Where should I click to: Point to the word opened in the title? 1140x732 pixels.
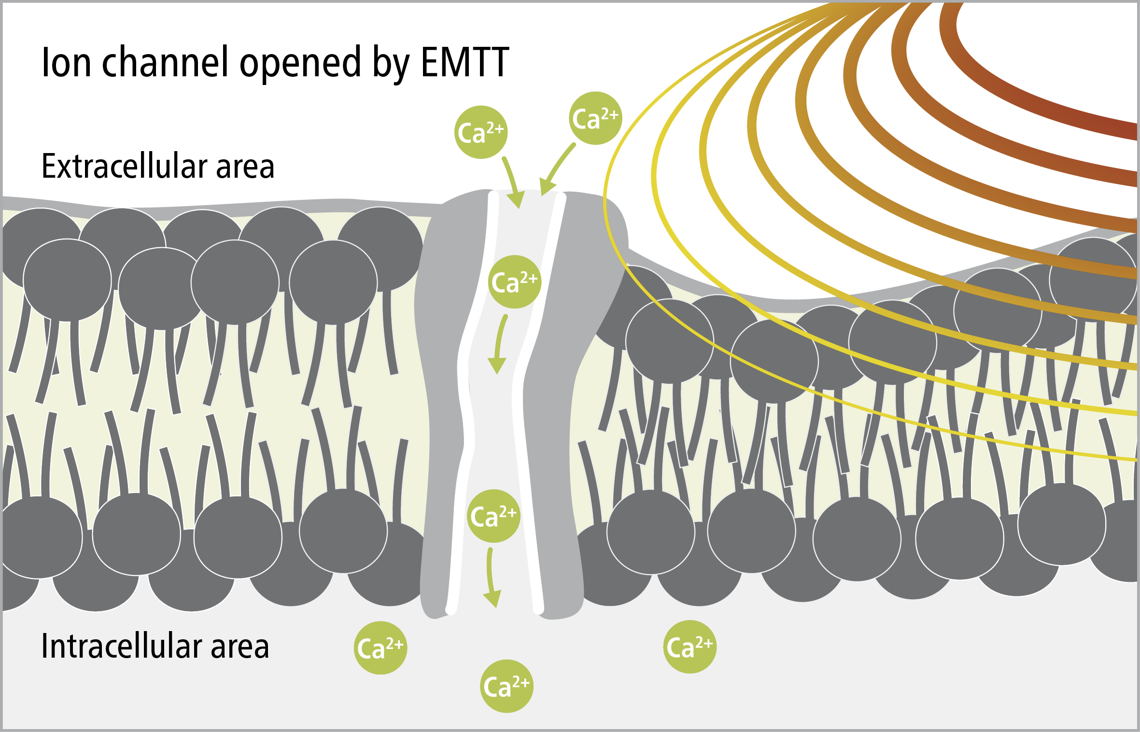(300, 64)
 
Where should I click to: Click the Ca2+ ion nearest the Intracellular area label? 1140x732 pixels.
(380, 648)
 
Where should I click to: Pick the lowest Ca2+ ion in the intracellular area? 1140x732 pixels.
(507, 686)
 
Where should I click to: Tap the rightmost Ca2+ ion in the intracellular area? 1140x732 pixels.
(690, 647)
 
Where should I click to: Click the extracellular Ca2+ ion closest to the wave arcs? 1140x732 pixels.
(595, 118)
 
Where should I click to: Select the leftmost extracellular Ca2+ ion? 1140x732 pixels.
(481, 132)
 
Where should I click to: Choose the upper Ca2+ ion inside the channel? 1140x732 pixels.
(515, 282)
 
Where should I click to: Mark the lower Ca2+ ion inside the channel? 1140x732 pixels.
(493, 516)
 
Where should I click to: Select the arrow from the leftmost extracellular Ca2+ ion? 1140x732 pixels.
(513, 181)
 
